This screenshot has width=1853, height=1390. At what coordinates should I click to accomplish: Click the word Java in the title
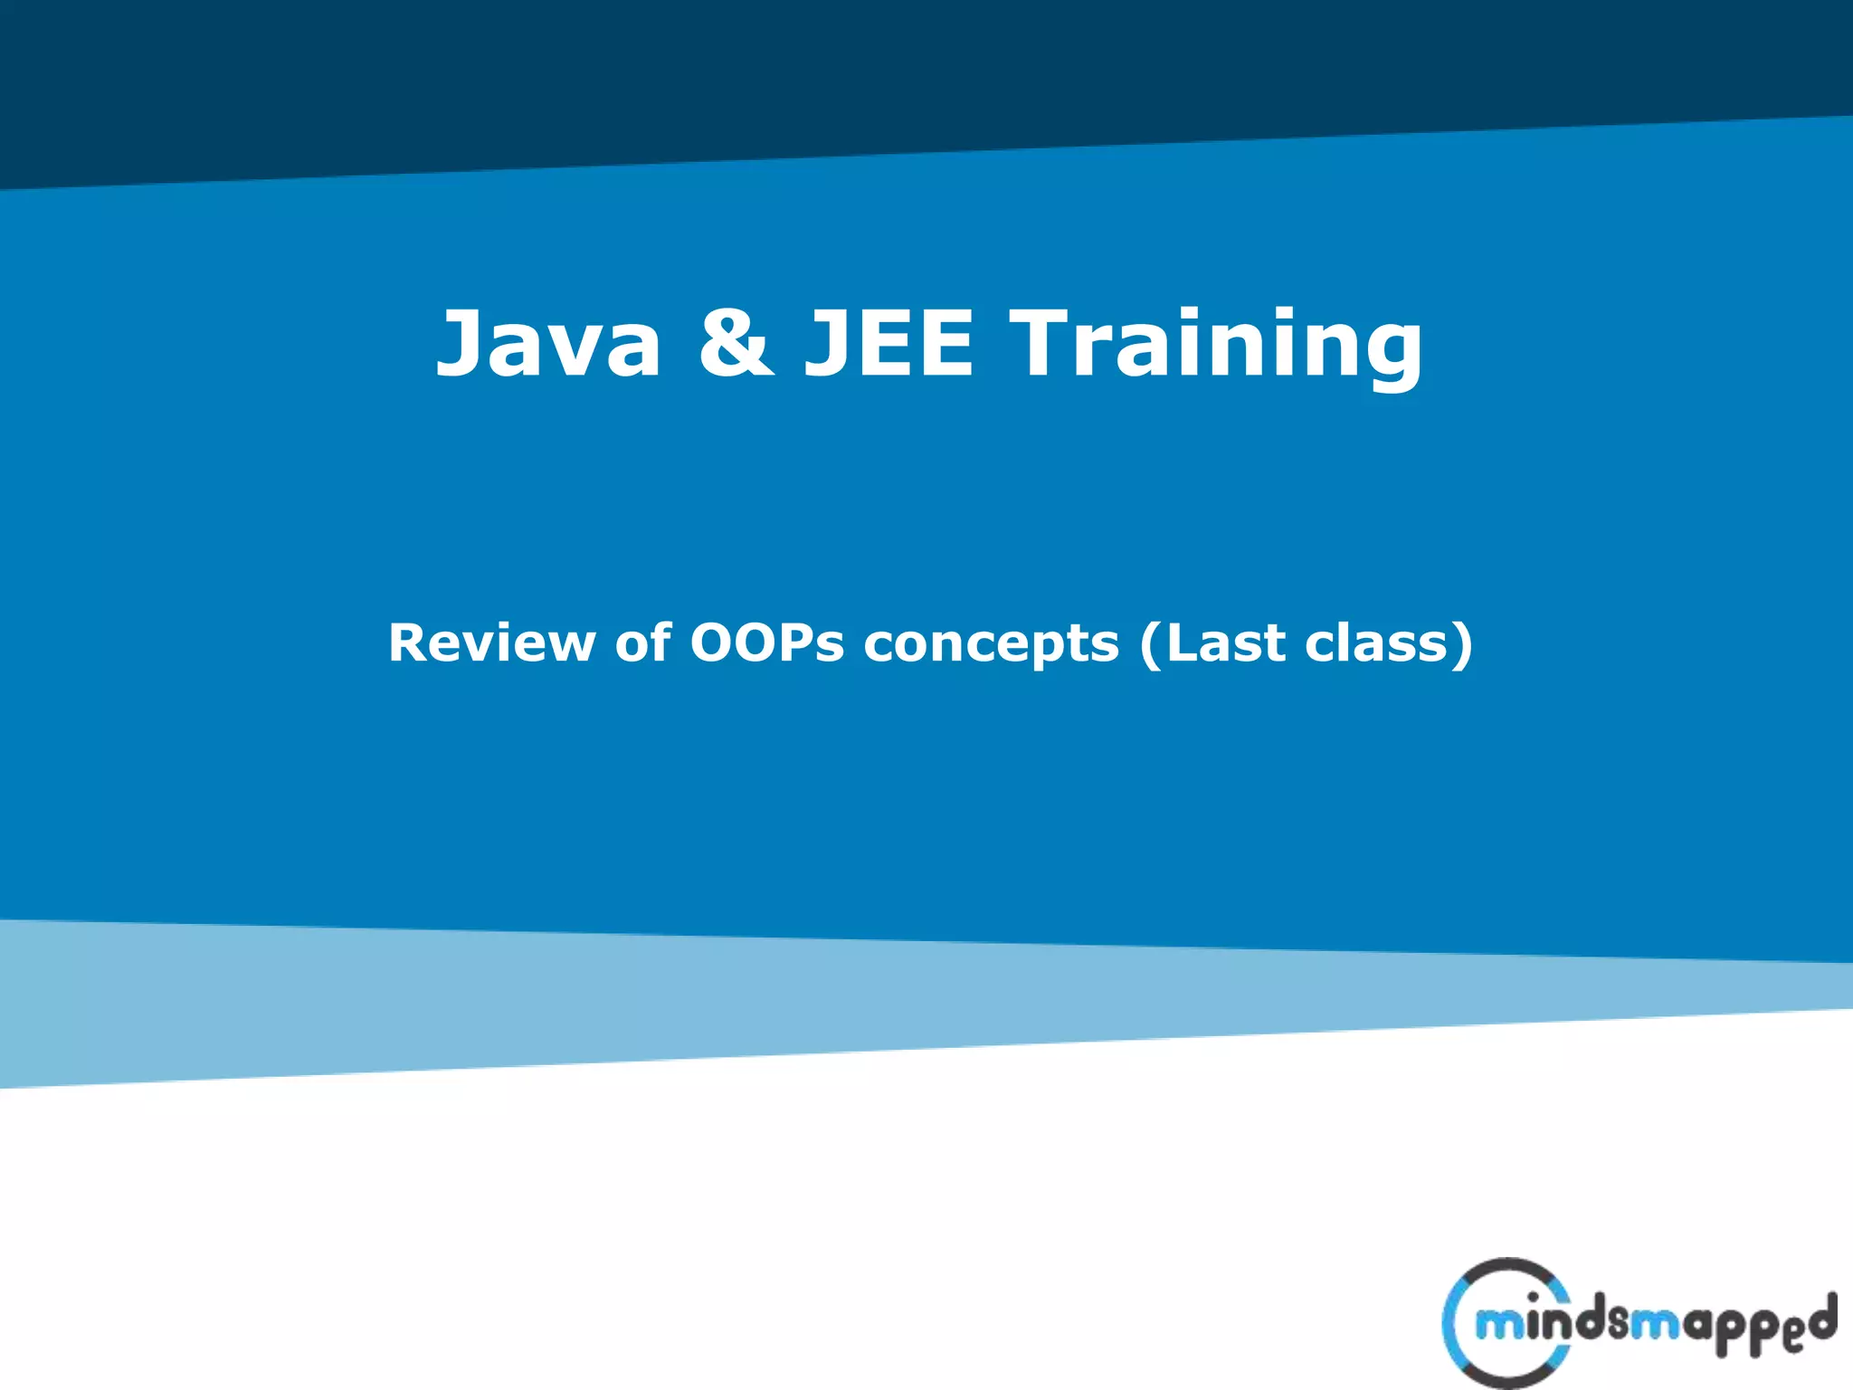coord(549,344)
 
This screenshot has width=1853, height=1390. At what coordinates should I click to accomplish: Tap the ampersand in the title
coord(736,344)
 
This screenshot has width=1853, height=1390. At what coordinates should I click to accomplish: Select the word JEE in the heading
coord(889,344)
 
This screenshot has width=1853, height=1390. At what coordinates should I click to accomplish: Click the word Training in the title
coord(1216,344)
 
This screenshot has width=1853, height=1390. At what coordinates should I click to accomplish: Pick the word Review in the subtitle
coord(491,643)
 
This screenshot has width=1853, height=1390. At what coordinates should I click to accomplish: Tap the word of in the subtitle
coord(642,643)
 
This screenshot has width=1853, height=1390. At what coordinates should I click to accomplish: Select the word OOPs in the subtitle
coord(766,643)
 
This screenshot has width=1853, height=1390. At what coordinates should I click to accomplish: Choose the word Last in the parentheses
coord(1225,643)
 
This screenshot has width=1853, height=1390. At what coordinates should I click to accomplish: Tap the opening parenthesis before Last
coord(1150,645)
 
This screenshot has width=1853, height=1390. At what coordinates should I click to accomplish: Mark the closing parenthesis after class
coord(1463,645)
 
